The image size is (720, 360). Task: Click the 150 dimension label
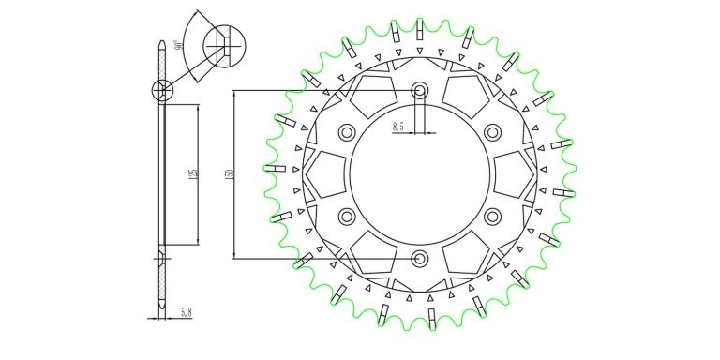(230, 174)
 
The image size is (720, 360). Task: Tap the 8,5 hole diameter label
(398, 127)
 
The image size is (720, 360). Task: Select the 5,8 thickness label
(186, 313)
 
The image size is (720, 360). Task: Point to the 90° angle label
(179, 45)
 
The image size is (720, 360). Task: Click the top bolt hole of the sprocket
(419, 90)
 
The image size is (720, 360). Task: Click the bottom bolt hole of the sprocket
(419, 259)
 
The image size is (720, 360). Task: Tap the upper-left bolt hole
(347, 133)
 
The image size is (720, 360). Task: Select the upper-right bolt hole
(492, 133)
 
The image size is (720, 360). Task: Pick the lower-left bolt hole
(347, 217)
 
